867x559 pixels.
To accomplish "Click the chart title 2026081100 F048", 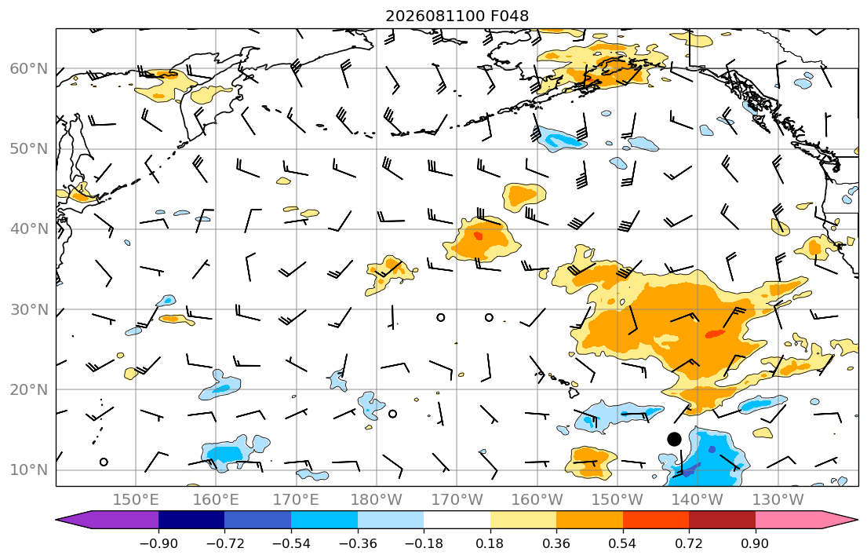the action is click(x=457, y=16).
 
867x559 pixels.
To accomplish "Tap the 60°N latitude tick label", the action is click(x=29, y=69).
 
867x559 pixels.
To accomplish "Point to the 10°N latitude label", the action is click(x=29, y=470).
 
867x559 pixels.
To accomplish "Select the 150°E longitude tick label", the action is click(x=136, y=500).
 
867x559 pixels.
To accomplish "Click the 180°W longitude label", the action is click(x=377, y=500).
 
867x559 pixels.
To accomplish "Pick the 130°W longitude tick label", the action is click(x=778, y=500).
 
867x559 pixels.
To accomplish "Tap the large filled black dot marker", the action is click(x=674, y=439).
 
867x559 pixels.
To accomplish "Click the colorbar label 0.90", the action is click(x=756, y=543).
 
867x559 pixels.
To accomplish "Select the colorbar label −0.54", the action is click(x=291, y=543).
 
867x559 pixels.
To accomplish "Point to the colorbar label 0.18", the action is click(x=490, y=543).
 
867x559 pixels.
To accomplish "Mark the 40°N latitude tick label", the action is click(x=29, y=229).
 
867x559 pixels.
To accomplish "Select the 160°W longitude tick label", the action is click(x=537, y=500).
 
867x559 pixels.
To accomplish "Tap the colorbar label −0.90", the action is click(x=158, y=543).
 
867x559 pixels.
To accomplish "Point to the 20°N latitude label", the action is click(x=29, y=389).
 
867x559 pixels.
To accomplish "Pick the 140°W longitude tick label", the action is click(x=698, y=500).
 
